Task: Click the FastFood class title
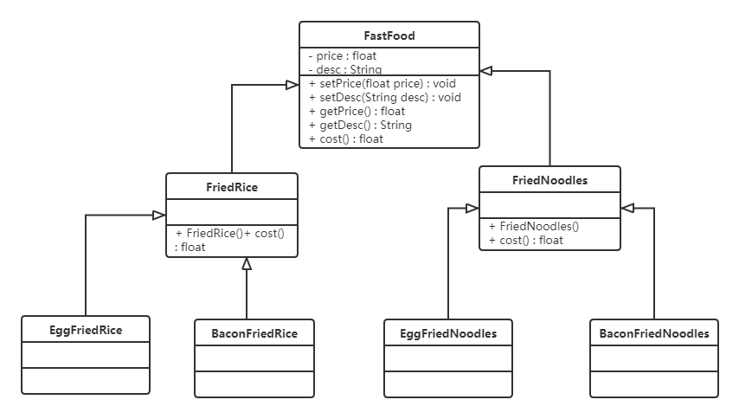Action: (389, 35)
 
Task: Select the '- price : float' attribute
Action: (343, 56)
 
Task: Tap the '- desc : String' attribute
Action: (345, 69)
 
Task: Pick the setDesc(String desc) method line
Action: (384, 98)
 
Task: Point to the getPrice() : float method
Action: (357, 112)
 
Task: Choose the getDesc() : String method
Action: (359, 125)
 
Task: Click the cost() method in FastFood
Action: (345, 139)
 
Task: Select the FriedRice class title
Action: (231, 186)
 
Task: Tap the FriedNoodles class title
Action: (549, 180)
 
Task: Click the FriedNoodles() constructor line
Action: (534, 226)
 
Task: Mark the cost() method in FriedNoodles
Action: (525, 240)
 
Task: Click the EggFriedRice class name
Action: (85, 330)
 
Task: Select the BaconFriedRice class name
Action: (254, 333)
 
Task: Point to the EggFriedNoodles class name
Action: (448, 333)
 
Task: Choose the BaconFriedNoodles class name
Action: (654, 333)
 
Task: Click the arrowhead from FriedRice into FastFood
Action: (292, 84)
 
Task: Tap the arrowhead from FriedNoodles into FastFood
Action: (486, 69)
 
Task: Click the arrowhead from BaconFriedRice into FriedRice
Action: (247, 263)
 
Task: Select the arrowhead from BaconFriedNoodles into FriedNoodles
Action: (627, 208)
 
